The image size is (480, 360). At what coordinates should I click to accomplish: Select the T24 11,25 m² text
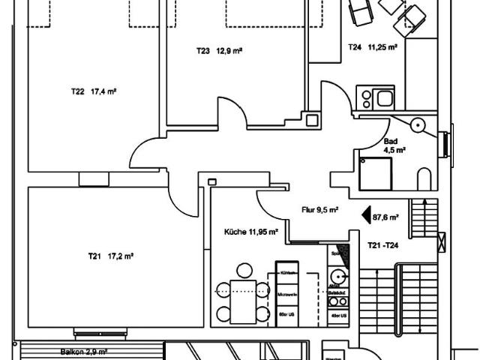(372, 46)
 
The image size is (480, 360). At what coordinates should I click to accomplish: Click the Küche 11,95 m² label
(252, 232)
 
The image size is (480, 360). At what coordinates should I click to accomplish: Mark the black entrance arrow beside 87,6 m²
(367, 216)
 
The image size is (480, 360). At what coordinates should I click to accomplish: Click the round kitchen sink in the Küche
(337, 274)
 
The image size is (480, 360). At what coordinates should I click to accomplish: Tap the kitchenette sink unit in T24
(374, 98)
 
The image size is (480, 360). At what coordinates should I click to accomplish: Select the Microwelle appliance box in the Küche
(287, 295)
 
